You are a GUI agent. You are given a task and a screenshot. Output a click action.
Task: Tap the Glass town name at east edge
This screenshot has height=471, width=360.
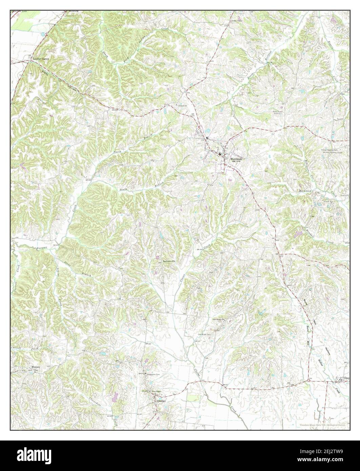[346, 378]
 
